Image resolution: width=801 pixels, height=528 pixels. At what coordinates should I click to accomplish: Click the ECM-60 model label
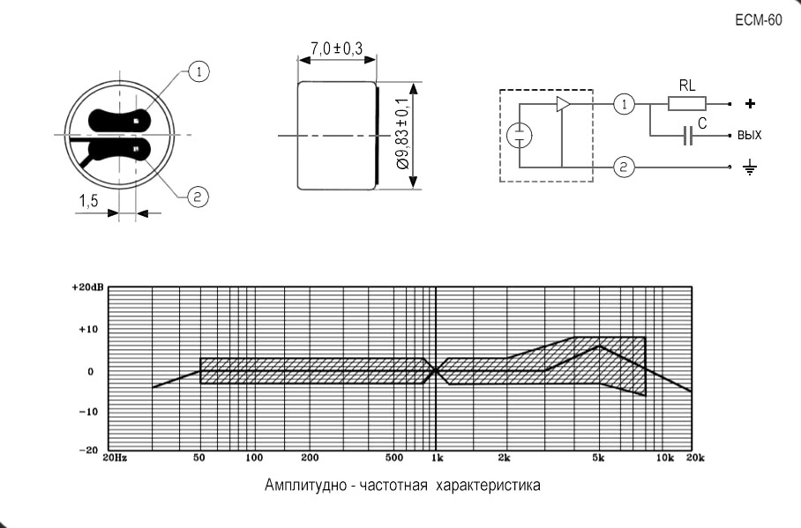(759, 20)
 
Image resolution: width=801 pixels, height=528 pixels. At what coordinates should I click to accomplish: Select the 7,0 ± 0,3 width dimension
(337, 48)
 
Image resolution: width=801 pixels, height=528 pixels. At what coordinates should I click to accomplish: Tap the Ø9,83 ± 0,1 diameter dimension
(402, 134)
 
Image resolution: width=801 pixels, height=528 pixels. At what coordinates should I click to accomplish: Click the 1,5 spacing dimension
(88, 201)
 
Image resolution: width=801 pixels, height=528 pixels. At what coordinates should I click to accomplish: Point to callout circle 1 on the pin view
(198, 71)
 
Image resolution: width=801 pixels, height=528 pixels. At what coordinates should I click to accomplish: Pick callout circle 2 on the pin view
(198, 197)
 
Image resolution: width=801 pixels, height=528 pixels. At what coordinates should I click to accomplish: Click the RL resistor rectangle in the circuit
(687, 104)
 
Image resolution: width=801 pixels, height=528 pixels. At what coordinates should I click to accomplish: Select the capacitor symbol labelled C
(688, 136)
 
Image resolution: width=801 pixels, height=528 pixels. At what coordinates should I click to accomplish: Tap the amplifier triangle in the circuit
(564, 104)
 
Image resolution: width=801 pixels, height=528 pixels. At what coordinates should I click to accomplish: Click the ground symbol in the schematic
(750, 167)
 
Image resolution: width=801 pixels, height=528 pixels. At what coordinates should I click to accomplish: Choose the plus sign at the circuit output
(750, 104)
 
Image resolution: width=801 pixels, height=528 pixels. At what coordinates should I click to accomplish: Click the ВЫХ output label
(750, 135)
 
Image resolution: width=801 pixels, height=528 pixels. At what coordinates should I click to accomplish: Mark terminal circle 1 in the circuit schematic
(624, 104)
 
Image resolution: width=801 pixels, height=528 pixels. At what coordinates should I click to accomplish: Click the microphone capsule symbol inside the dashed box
(519, 136)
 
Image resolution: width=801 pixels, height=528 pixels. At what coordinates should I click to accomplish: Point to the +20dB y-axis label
(88, 287)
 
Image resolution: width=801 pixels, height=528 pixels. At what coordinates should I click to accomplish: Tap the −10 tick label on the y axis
(88, 412)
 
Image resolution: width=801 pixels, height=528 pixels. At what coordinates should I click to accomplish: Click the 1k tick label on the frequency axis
(438, 458)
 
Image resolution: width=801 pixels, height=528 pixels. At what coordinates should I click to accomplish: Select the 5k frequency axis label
(598, 458)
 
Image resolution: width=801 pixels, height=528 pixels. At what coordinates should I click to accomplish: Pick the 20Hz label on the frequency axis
(115, 457)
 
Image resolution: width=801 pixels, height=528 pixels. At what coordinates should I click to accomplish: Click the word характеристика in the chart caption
(489, 485)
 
